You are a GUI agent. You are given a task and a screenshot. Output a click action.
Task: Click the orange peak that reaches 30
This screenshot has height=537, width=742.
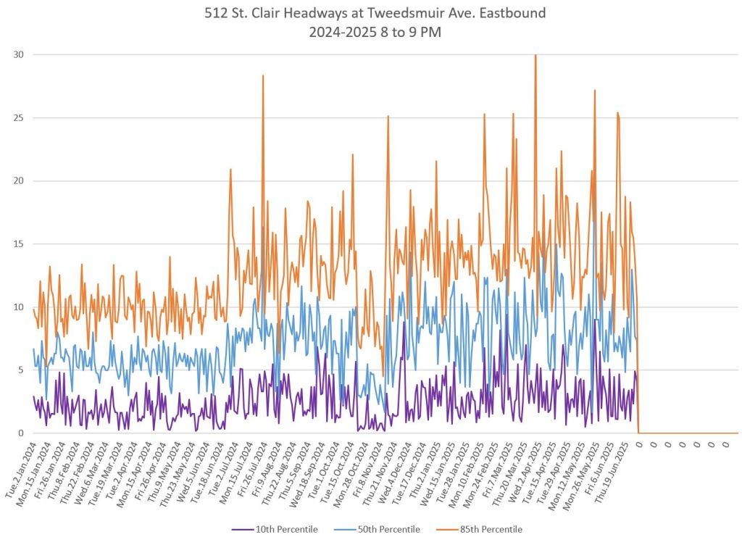click(535, 56)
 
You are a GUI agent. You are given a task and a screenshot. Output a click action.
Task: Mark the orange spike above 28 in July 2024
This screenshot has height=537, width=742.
click(263, 76)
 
